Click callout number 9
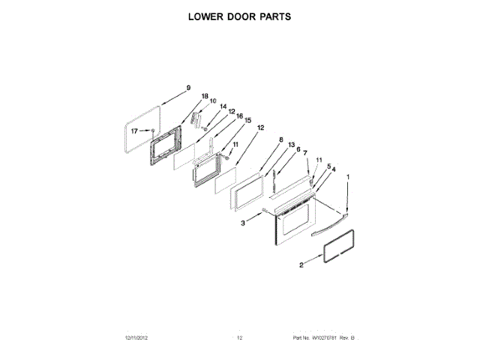pos(188,88)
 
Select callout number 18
pos(204,97)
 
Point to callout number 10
pos(212,101)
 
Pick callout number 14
pos(223,107)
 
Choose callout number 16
pos(239,116)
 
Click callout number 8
pos(280,140)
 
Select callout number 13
pos(292,145)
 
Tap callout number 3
pos(243,223)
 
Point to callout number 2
pos(301,265)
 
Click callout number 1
pos(347,178)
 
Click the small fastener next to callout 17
pos(153,130)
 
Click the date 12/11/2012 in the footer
pos(137,338)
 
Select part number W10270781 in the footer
pos(323,338)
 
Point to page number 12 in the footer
pos(240,338)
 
